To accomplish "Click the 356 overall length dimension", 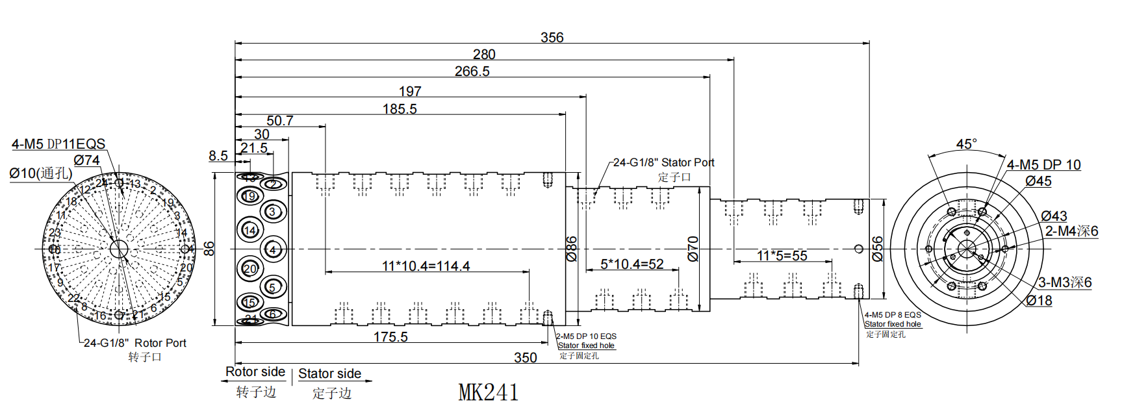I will tap(552, 38).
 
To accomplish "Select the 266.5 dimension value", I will tap(472, 71).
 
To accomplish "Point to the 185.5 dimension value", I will tap(400, 109).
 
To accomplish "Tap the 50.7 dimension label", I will tap(279, 121).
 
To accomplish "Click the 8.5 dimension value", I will tap(218, 156).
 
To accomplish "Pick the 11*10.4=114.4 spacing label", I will tap(426, 266).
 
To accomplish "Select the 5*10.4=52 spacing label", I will tap(631, 264).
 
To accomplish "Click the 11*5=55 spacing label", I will tap(782, 256).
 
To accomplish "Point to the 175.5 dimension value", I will tap(390, 337).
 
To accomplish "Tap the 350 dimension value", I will tap(525, 358).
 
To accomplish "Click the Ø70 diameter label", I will tap(693, 249).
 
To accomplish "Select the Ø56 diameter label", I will tap(877, 249).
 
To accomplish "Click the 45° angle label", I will tap(966, 144).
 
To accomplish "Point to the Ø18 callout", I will tap(1039, 301).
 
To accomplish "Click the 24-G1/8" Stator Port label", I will tap(663, 162).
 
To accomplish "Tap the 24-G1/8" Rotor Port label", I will tap(134, 343).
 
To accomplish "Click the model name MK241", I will tap(488, 393).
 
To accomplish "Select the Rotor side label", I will tap(255, 372).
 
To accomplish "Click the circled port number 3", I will tap(272, 212).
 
